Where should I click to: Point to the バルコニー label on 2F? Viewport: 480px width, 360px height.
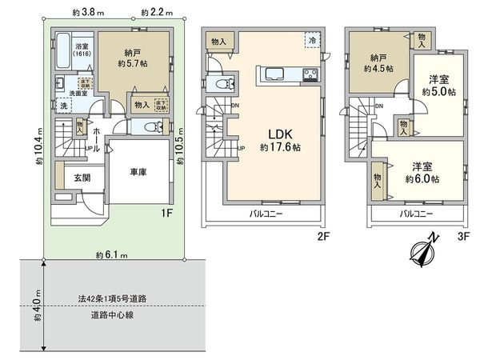[265, 214]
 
